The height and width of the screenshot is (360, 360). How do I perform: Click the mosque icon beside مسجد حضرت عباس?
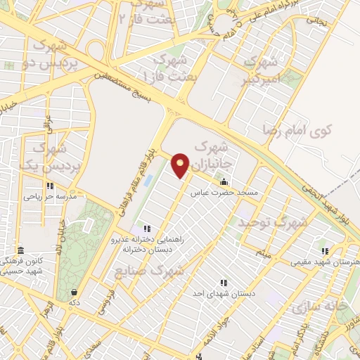pyautogui.click(x=224, y=182)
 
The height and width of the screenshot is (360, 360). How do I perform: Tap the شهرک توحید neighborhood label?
pyautogui.click(x=273, y=222)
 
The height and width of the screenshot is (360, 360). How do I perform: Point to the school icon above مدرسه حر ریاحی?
pyautogui.click(x=49, y=186)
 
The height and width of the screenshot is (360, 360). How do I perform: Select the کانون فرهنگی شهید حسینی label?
pyautogui.click(x=22, y=265)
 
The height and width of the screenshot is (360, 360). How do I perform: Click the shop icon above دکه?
pyautogui.click(x=74, y=292)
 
